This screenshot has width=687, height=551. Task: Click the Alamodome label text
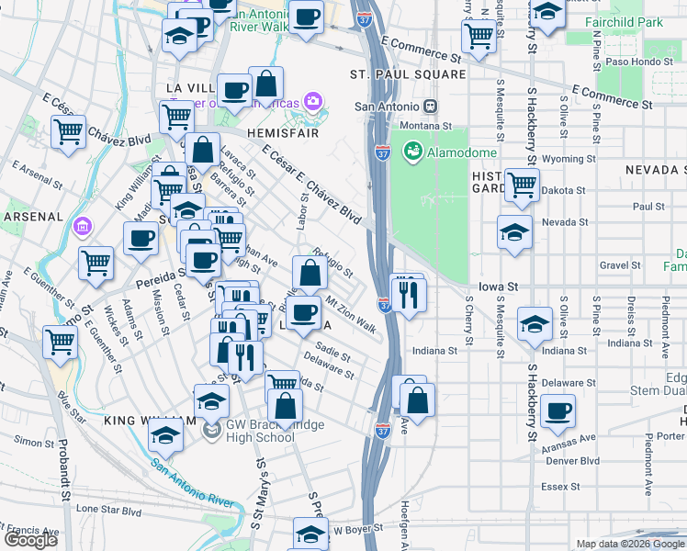point(460,152)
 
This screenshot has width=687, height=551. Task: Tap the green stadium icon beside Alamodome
point(412,151)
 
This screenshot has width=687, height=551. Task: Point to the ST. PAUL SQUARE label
point(408,73)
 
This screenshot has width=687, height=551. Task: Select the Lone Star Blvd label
point(109,508)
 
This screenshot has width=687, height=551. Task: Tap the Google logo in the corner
point(30,540)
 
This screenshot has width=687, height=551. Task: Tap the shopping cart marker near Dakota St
point(522,185)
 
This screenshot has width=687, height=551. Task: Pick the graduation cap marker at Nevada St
point(514,232)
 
